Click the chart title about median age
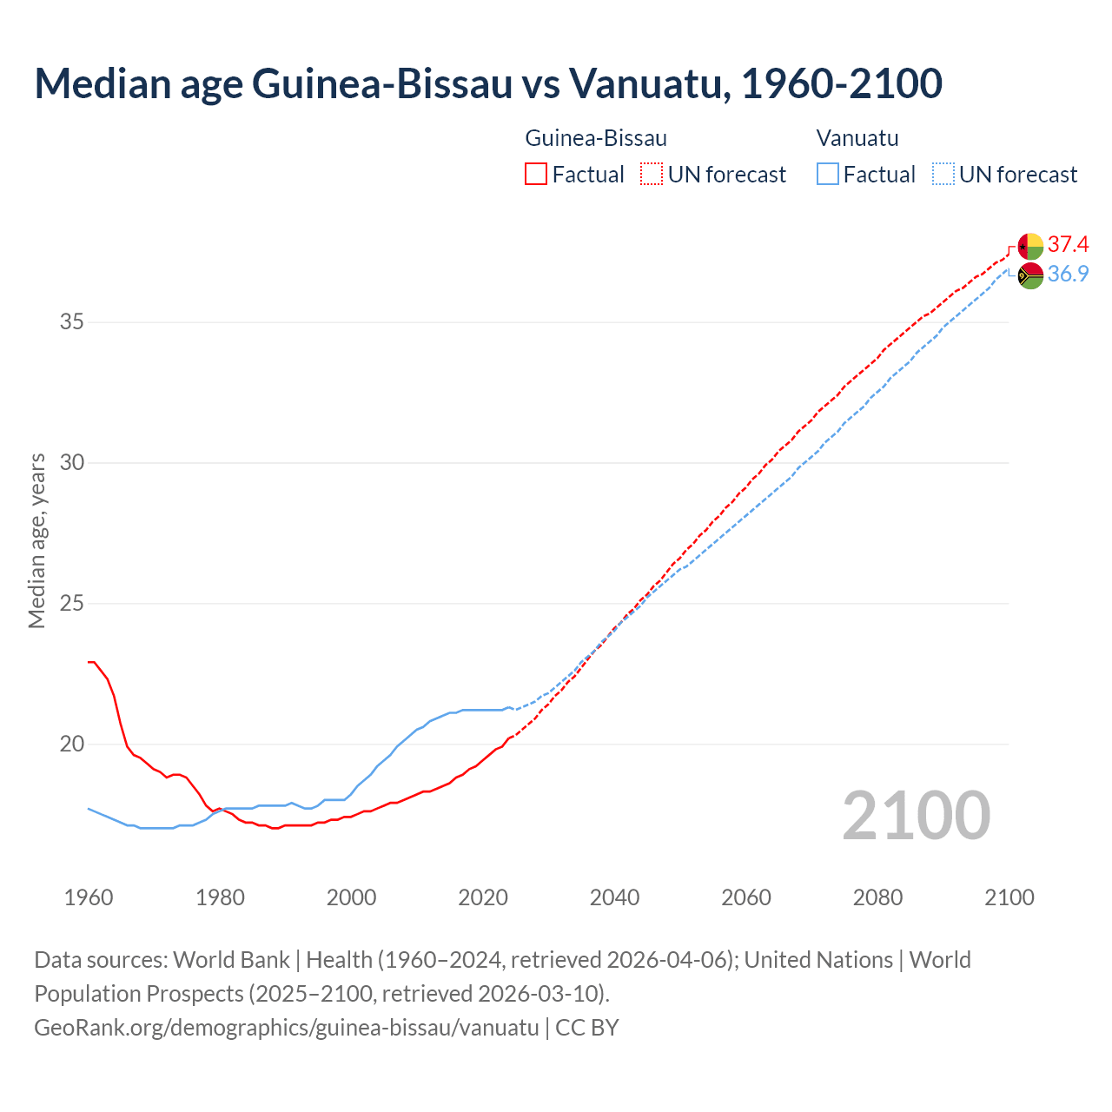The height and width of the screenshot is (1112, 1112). tap(488, 83)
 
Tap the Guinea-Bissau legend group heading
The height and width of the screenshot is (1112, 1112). tap(596, 138)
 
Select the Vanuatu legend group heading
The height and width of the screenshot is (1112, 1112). tap(857, 138)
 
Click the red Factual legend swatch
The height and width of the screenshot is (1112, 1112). tap(536, 175)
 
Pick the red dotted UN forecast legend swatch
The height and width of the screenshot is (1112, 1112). tap(652, 175)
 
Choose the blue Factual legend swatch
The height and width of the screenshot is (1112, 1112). tap(828, 175)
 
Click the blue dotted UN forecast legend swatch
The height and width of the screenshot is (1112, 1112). tap(943, 175)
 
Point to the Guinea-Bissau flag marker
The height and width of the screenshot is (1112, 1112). tap(1030, 246)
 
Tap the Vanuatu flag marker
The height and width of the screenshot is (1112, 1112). tap(1030, 275)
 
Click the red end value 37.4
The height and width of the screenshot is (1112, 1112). tap(1068, 244)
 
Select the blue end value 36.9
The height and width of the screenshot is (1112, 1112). tap(1068, 275)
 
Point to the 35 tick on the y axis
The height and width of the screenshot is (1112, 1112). tap(72, 322)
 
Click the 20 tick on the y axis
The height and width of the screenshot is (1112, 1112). tap(72, 745)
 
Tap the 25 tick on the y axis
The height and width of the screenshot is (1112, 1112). tap(72, 604)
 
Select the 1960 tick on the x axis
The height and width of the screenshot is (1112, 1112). tap(89, 897)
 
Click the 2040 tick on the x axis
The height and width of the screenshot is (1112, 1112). tap(614, 897)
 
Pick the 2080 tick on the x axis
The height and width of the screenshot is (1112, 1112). tap(877, 897)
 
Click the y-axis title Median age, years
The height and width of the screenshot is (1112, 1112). tap(36, 540)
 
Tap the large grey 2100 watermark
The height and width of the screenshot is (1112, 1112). tap(917, 816)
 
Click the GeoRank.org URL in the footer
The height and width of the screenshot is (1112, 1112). tap(287, 1028)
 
